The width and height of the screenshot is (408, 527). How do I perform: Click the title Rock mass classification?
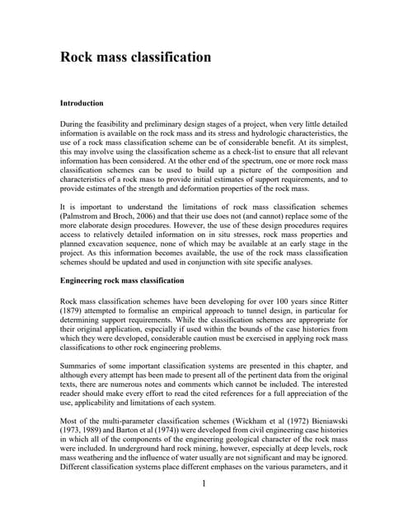coord(136,57)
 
